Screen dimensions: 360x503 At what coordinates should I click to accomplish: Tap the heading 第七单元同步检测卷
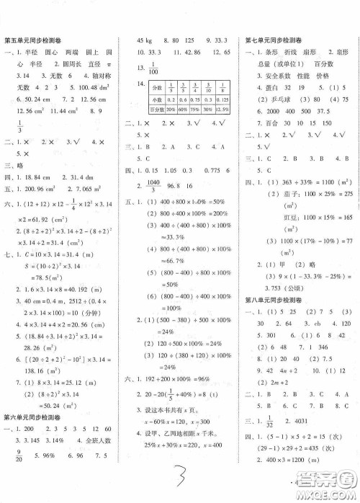[x=279, y=40]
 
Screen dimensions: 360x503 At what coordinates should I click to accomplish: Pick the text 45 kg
[x=146, y=40]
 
